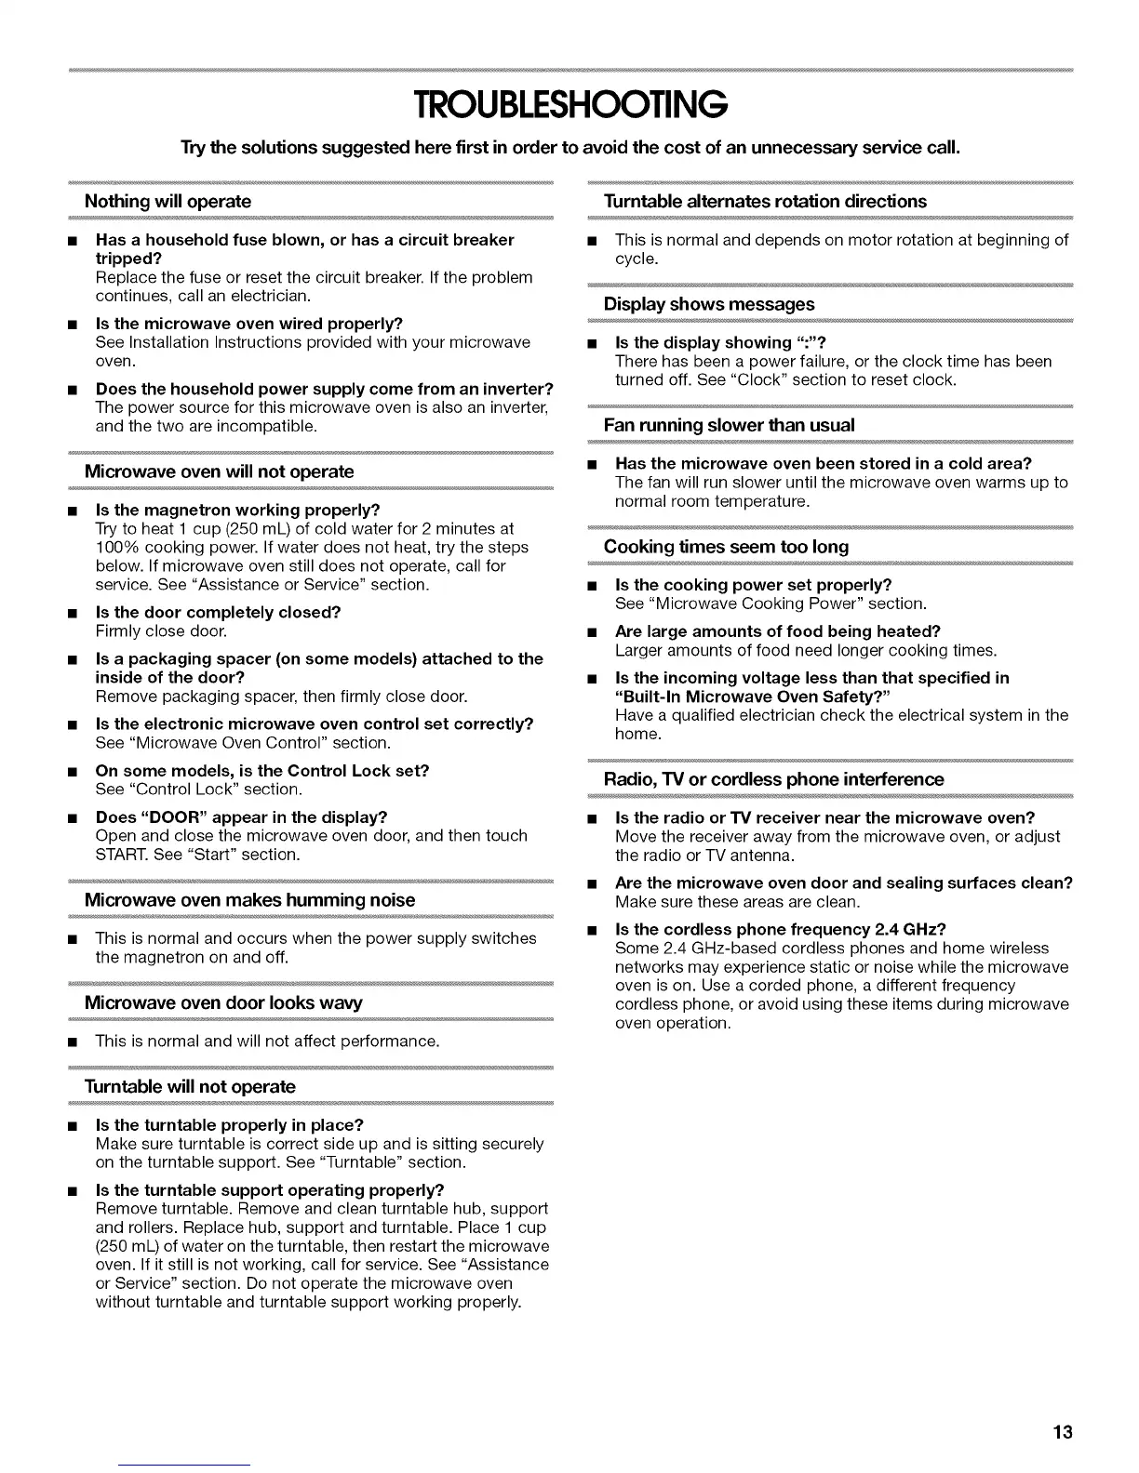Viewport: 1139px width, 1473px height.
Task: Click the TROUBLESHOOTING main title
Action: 569,105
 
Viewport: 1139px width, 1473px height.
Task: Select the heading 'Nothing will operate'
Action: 167,202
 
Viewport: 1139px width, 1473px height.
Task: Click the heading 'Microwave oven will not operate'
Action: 219,471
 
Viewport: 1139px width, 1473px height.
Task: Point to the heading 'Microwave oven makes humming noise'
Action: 249,900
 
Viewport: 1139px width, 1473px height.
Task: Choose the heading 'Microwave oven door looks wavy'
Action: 223,1002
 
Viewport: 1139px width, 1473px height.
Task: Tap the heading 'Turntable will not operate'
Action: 190,1087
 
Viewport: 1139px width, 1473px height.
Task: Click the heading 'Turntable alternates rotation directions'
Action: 765,202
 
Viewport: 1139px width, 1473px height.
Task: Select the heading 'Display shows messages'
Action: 708,304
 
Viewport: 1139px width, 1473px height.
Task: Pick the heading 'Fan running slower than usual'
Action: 729,425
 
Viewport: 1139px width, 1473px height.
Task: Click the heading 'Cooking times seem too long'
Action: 726,547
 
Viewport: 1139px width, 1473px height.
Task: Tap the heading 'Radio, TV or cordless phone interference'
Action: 773,779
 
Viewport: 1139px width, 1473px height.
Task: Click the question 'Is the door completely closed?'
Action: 218,612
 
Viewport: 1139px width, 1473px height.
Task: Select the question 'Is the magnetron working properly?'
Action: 237,510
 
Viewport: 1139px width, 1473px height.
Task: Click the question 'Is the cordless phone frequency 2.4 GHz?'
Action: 781,929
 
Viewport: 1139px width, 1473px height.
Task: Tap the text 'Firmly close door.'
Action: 161,631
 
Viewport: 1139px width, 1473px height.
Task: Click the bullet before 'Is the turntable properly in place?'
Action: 71,1126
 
